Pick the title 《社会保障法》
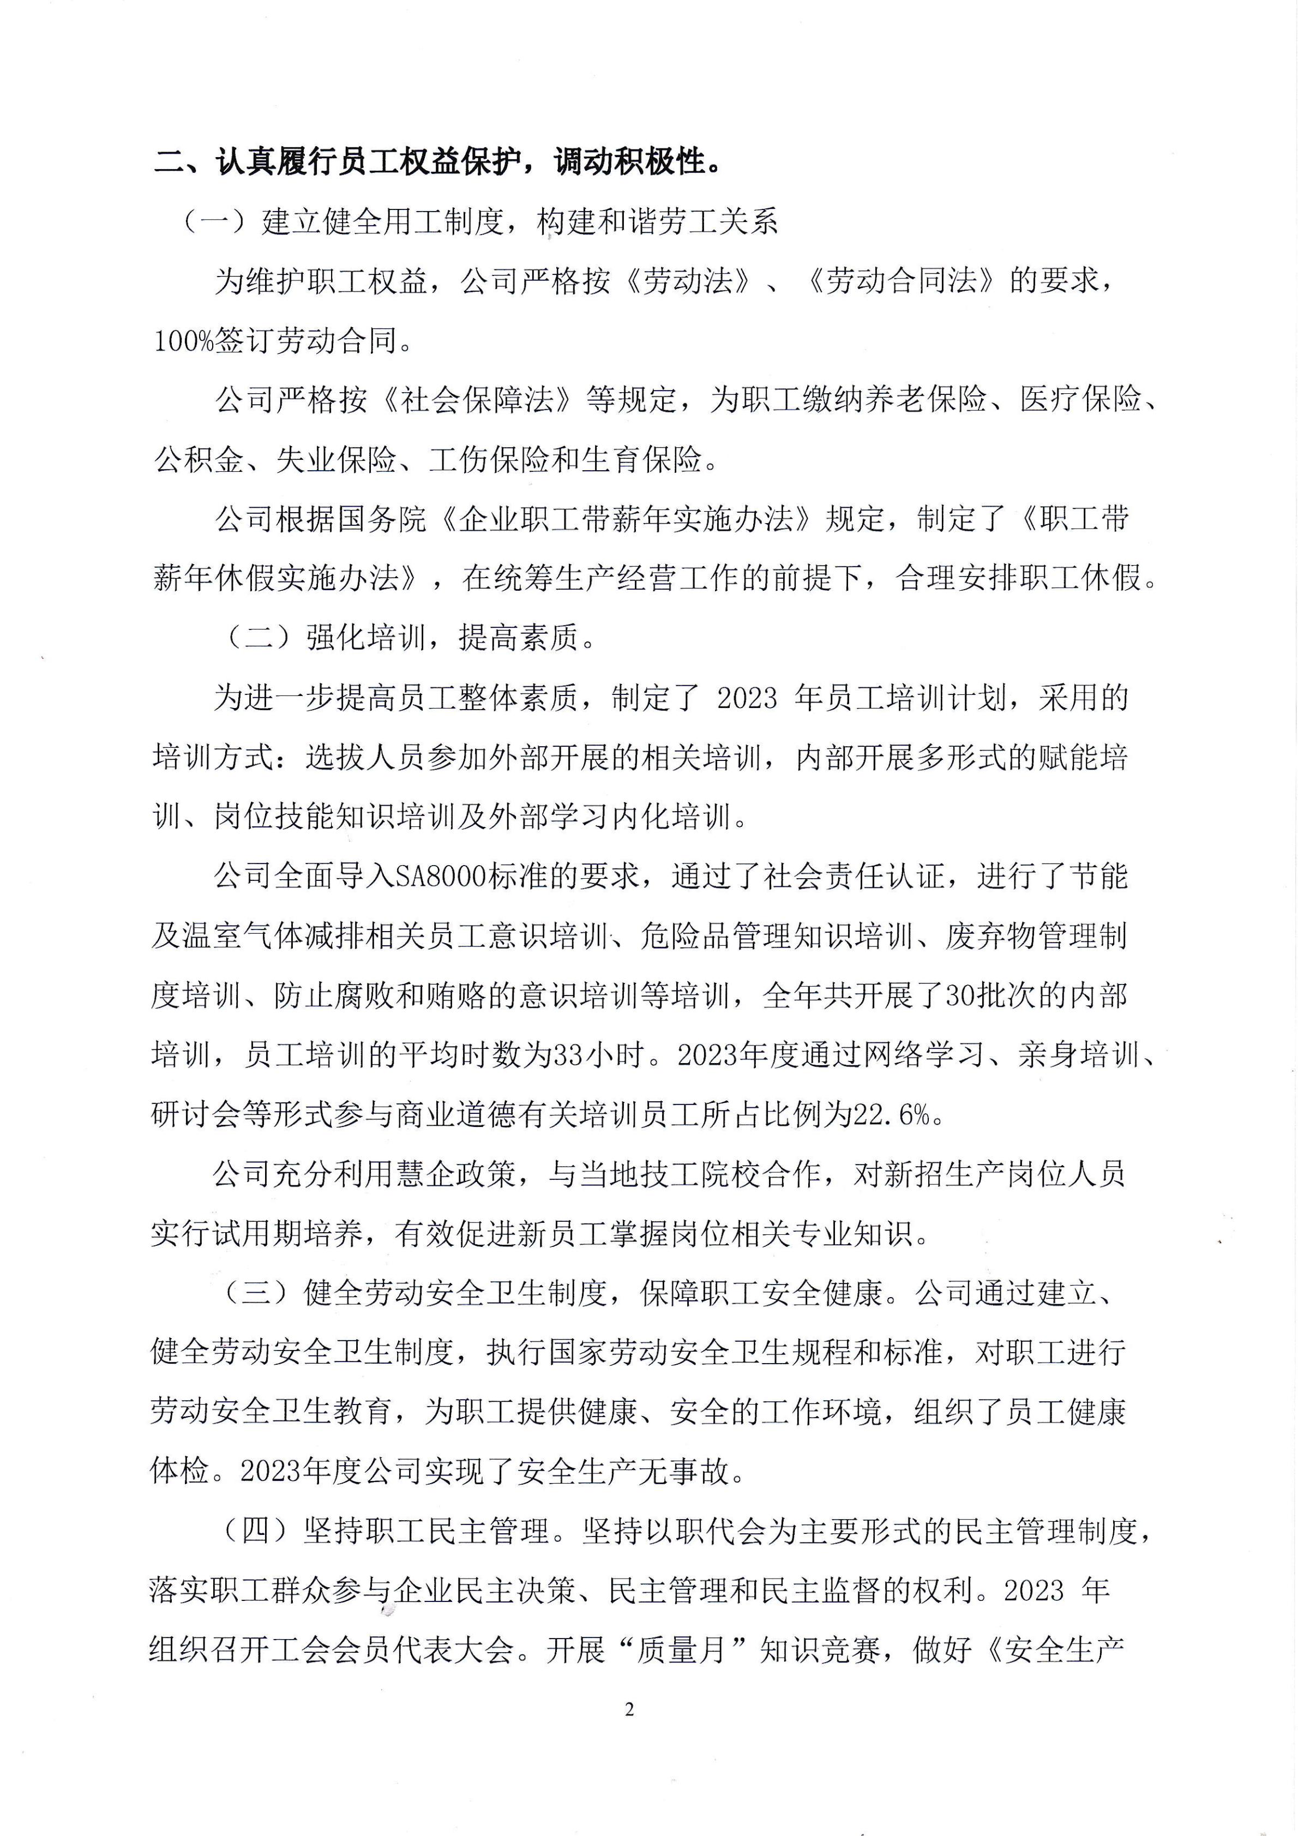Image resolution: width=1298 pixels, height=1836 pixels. click(477, 400)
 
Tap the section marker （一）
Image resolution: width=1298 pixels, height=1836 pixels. click(216, 223)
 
